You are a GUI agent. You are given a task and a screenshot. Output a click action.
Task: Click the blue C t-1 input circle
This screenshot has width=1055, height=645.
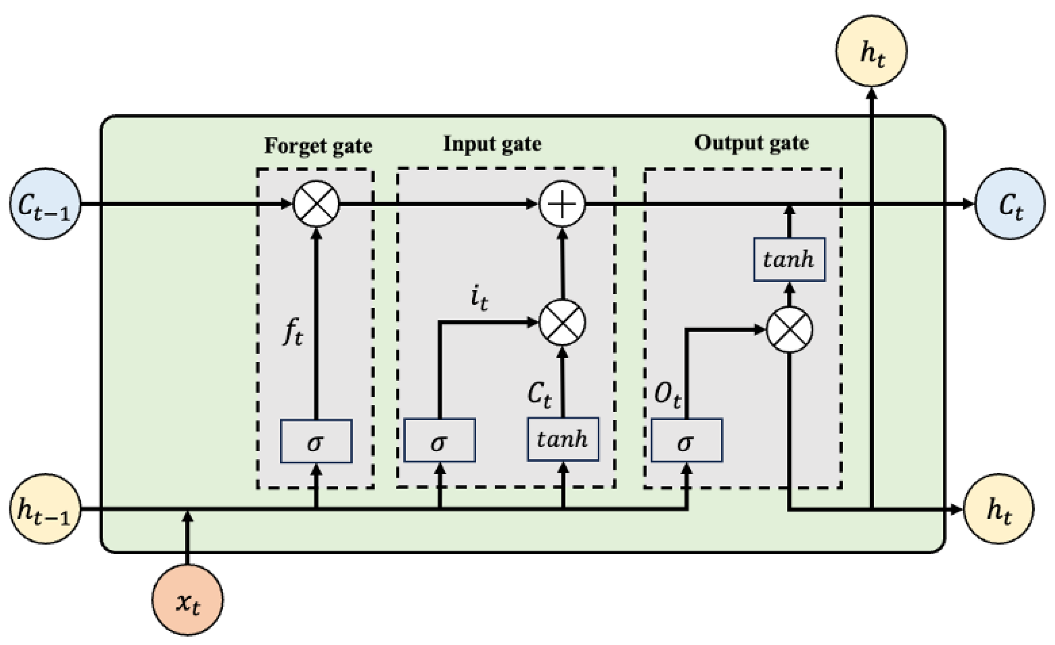45,204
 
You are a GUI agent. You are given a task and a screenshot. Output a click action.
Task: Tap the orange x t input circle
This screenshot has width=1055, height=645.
188,600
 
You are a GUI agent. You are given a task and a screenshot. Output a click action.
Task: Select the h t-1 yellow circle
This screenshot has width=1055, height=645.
45,509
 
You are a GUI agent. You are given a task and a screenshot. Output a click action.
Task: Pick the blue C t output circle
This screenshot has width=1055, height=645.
1010,204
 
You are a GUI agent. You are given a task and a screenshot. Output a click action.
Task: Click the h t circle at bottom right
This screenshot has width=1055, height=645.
999,509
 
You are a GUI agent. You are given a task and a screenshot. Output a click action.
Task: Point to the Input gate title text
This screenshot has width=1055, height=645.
492,144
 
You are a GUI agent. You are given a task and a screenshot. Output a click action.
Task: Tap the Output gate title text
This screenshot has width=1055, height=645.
751,143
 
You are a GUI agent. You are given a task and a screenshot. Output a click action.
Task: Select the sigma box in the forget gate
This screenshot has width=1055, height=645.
316,441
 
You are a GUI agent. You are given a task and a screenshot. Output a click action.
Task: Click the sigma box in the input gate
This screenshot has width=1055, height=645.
439,440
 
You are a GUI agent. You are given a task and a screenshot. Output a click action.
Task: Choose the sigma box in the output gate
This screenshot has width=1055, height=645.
686,440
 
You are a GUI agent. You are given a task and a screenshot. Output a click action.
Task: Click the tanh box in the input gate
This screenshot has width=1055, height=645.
563,439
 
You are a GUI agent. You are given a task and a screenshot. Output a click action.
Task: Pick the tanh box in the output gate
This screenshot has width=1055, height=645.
789,260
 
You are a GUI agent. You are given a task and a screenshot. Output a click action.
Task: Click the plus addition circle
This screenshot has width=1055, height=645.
562,204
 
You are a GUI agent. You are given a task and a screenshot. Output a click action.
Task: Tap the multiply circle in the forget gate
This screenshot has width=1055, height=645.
316,204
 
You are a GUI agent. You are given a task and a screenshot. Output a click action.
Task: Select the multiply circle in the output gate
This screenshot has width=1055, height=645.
789,330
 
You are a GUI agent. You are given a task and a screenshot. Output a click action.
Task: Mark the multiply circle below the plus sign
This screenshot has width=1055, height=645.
562,322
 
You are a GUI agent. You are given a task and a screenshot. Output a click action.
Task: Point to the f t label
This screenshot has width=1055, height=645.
293,333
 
